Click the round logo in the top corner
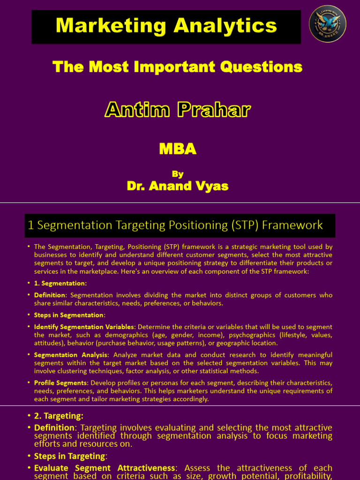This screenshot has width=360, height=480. point(328,24)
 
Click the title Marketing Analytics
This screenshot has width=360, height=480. point(166,25)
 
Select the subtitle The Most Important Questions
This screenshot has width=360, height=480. point(178,67)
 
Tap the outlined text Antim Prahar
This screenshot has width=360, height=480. point(178,110)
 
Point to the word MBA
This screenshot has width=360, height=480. point(178,149)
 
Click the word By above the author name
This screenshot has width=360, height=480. point(178,174)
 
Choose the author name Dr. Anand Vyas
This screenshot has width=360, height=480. point(178,186)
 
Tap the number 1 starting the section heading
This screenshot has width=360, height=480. point(31,225)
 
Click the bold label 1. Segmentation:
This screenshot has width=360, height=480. point(60,283)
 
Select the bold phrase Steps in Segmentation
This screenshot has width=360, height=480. point(68,315)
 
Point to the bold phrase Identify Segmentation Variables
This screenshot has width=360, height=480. point(84,327)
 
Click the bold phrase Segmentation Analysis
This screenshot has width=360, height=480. point(70,354)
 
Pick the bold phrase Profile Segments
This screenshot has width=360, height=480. point(61,382)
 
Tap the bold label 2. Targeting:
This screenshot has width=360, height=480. point(59,416)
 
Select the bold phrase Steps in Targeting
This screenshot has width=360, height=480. point(69,456)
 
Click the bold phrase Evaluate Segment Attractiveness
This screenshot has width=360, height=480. point(104,468)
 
